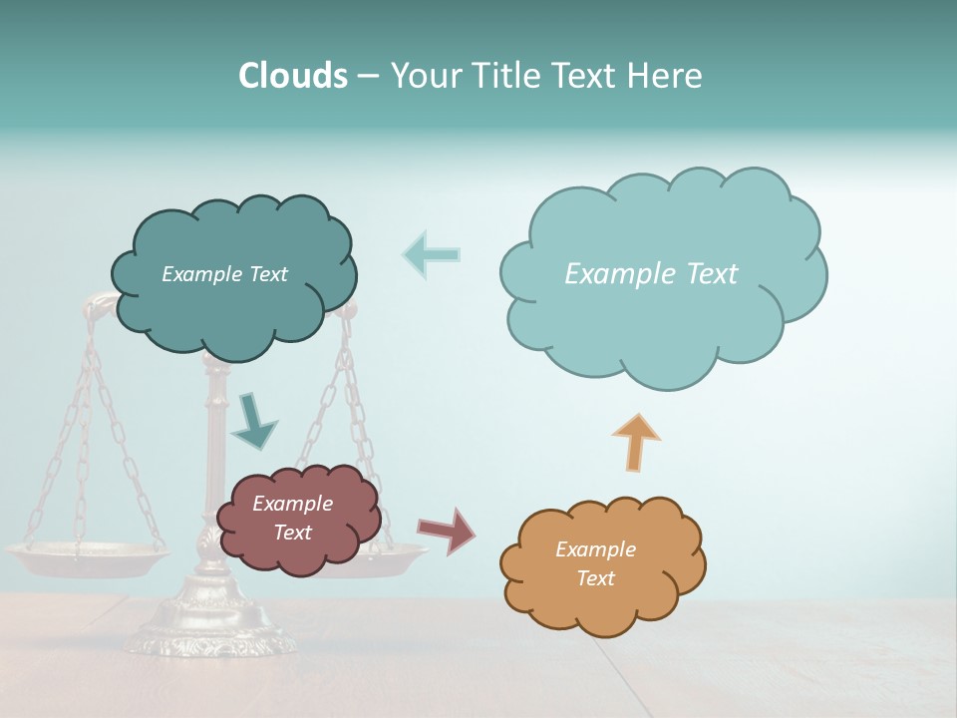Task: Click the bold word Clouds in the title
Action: (x=292, y=76)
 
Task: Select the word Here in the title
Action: (x=666, y=76)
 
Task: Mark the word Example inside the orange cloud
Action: (x=595, y=549)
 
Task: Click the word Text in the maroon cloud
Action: (x=292, y=533)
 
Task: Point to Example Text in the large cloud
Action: (x=651, y=274)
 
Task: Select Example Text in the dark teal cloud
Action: (x=224, y=274)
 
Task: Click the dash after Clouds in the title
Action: (x=367, y=77)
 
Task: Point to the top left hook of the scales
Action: (x=95, y=303)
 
